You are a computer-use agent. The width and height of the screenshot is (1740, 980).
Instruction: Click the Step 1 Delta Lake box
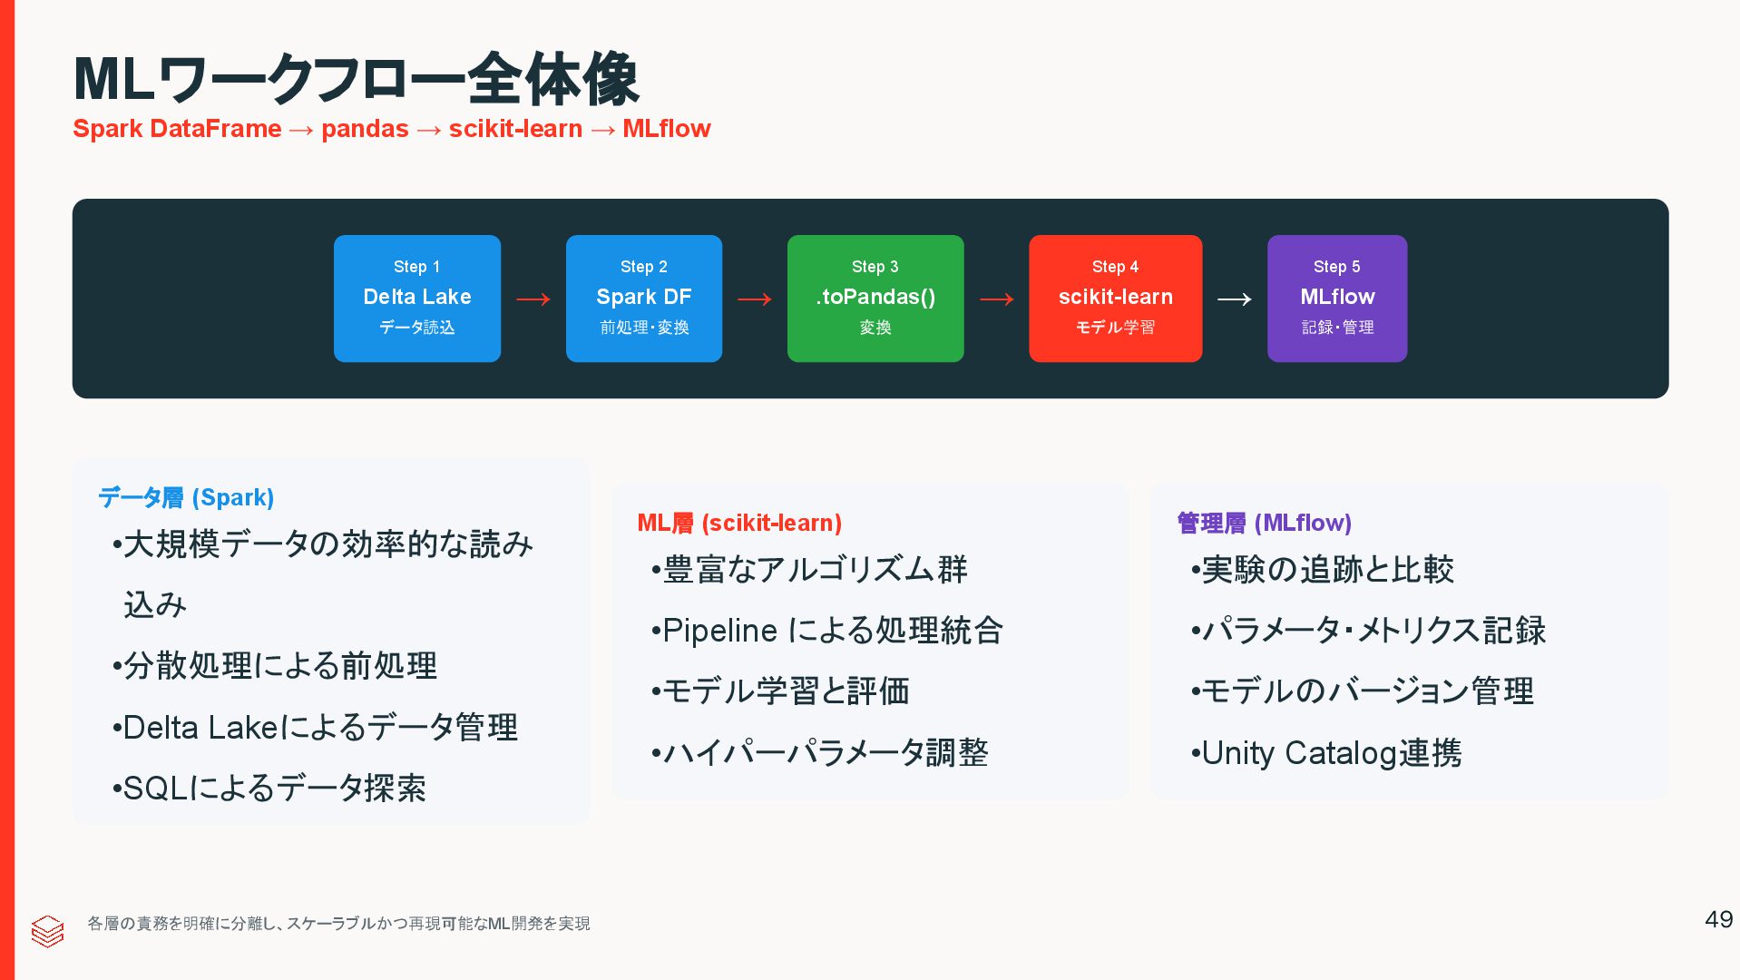pyautogui.click(x=416, y=298)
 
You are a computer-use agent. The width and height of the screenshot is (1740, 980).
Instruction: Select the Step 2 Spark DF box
pyautogui.click(x=643, y=298)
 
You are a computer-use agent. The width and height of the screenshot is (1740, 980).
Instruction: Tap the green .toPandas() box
pyautogui.click(x=875, y=298)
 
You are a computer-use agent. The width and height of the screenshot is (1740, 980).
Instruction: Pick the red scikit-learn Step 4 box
pyautogui.click(x=1115, y=298)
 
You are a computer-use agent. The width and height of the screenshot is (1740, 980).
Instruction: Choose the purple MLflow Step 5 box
pyautogui.click(x=1336, y=298)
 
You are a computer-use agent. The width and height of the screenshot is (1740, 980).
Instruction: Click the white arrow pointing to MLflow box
pyautogui.click(x=1234, y=299)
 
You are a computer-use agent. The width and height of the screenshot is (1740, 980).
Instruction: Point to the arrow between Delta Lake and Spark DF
pyautogui.click(x=533, y=299)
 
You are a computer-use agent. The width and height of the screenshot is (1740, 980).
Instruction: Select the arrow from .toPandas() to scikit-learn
pyautogui.click(x=996, y=299)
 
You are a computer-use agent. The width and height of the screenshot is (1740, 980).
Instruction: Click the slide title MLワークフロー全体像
pyautogui.click(x=356, y=80)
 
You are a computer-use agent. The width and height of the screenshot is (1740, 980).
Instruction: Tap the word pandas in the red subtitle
pyautogui.click(x=365, y=129)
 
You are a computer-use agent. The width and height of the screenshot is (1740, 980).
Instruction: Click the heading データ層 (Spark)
pyautogui.click(x=186, y=497)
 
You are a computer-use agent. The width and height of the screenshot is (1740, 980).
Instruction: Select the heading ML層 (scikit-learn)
pyautogui.click(x=739, y=523)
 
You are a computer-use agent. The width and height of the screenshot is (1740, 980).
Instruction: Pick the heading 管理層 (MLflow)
pyautogui.click(x=1264, y=523)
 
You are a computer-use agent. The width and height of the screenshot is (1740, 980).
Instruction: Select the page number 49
pyautogui.click(x=1718, y=919)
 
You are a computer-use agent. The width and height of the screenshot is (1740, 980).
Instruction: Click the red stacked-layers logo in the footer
pyautogui.click(x=47, y=930)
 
